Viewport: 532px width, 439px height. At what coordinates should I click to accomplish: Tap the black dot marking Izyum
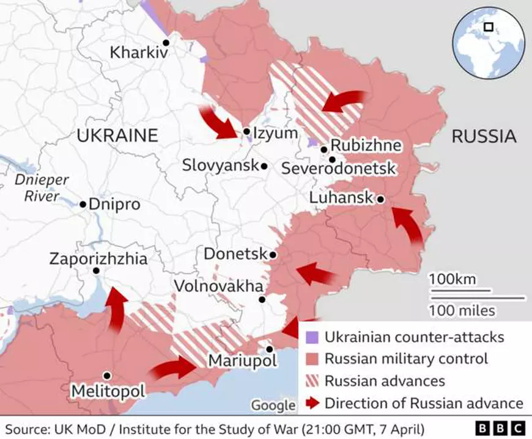(x=246, y=131)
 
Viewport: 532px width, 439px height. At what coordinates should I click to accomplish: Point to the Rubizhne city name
(x=366, y=146)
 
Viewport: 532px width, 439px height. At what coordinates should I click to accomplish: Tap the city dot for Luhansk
(x=380, y=198)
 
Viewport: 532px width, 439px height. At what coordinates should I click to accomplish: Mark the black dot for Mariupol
(x=269, y=349)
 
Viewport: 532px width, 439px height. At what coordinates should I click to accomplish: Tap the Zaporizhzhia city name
(x=98, y=259)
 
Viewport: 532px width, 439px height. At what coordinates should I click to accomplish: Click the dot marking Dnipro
(x=83, y=204)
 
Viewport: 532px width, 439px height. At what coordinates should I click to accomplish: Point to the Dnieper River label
(x=42, y=188)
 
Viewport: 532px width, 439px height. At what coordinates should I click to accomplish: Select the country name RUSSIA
(x=483, y=136)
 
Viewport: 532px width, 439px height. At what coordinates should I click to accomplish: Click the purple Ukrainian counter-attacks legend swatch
(x=312, y=337)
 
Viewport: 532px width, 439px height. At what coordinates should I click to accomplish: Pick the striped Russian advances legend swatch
(x=312, y=381)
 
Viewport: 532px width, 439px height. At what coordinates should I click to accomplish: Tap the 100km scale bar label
(x=452, y=279)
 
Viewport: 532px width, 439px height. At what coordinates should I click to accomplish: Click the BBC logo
(x=500, y=427)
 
